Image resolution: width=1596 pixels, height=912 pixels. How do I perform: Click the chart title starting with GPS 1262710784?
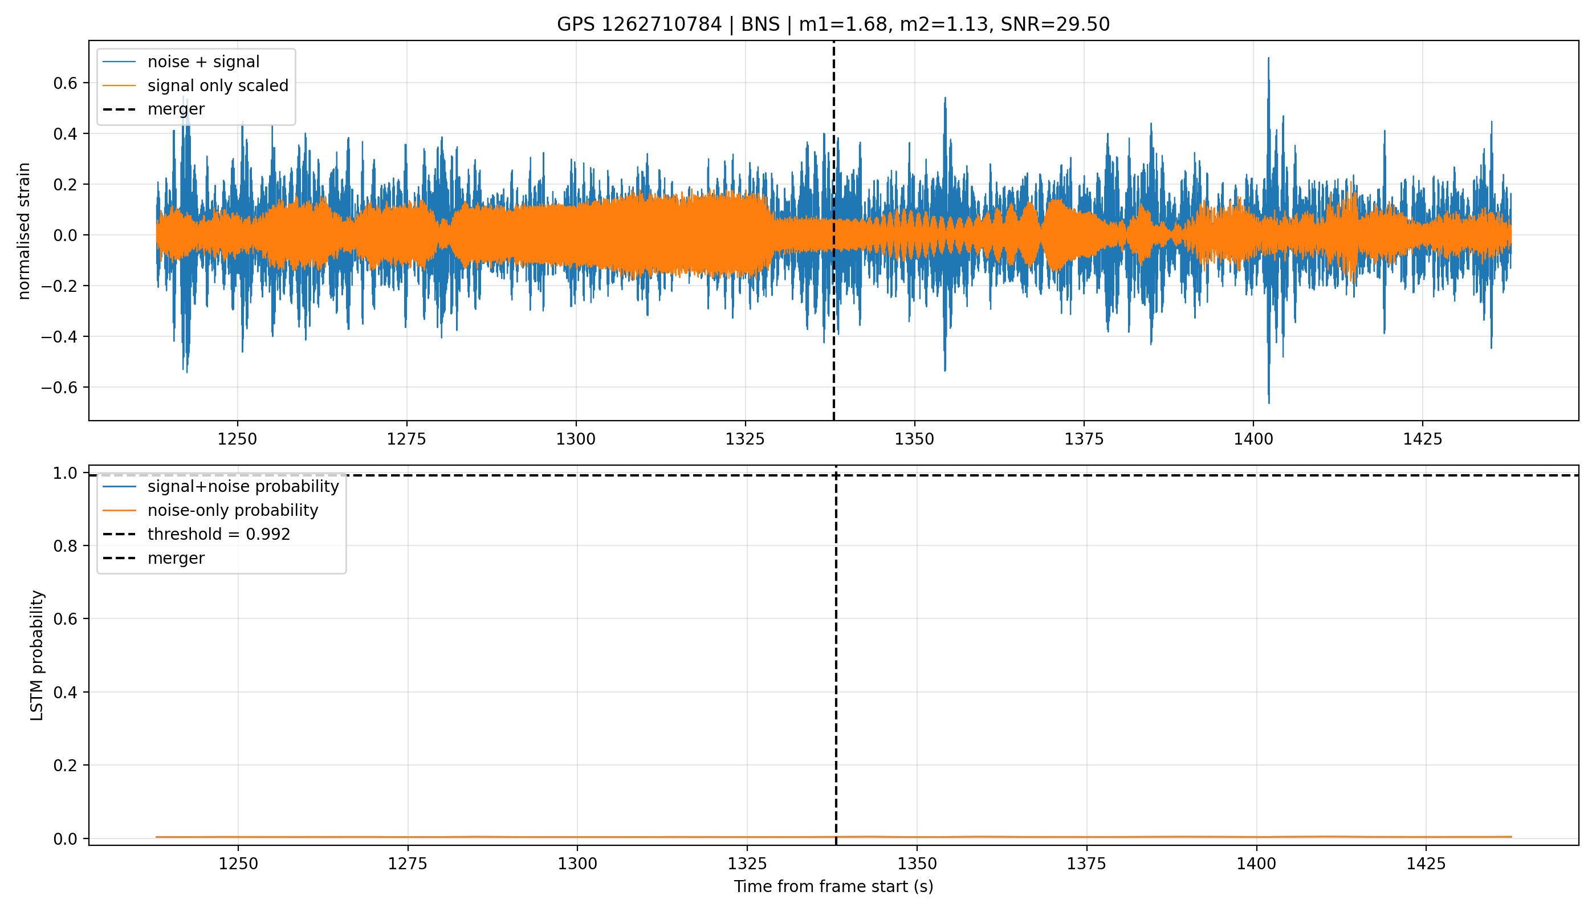(x=833, y=25)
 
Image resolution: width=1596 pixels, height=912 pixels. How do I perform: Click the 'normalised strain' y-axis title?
(x=24, y=231)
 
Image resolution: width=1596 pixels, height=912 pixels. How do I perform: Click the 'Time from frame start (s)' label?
(x=834, y=887)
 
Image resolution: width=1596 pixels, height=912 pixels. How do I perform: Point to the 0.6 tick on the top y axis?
(x=68, y=83)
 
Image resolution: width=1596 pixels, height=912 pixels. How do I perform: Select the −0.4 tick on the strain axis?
(x=62, y=337)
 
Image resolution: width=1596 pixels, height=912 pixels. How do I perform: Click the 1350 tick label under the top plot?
(x=914, y=439)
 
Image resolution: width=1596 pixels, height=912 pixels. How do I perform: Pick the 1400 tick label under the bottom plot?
(x=1256, y=864)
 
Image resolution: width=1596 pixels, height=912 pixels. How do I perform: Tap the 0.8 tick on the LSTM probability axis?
(x=68, y=546)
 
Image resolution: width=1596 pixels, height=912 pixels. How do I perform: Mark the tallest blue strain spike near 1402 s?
(x=1268, y=58)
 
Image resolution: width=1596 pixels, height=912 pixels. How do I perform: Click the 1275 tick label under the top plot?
(x=406, y=439)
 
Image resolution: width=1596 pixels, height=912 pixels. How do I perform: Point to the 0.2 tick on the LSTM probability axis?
(x=68, y=766)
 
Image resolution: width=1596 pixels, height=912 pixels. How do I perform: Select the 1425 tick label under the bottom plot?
(x=1426, y=864)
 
